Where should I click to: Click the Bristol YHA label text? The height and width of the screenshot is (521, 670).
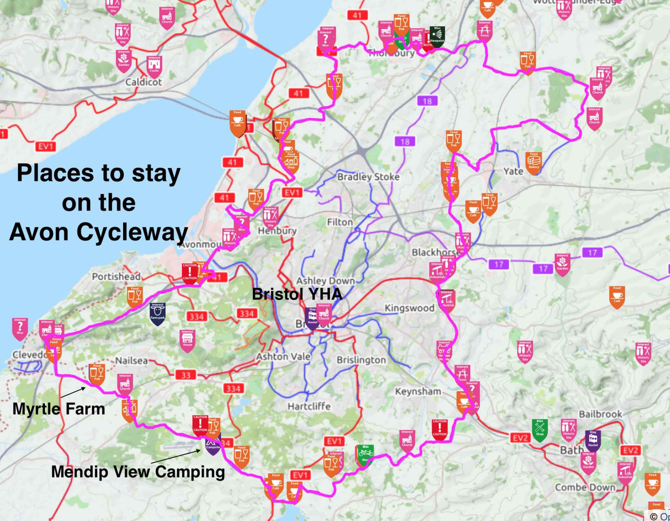coord(297,294)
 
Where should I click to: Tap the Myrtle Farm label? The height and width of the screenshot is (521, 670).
coord(58,409)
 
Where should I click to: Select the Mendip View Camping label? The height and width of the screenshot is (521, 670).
coord(138,472)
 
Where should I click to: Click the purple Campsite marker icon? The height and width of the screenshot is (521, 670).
coord(213,444)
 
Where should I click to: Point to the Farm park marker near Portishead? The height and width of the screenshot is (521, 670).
coord(157,313)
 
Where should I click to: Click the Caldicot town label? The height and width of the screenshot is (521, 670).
coord(144,82)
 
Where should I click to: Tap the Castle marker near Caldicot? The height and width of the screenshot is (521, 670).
coord(154,65)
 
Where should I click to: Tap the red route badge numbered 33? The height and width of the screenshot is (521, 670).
coord(186,375)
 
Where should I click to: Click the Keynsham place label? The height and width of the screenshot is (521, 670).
coord(418,392)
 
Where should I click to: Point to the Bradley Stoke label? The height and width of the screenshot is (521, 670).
coord(368,177)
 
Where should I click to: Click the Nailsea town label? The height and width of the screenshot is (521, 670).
coord(131,361)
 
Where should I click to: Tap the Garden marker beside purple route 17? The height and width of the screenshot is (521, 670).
coord(562,264)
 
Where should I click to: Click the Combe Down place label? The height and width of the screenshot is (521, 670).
coord(585,487)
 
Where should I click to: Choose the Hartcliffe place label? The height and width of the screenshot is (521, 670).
coord(309,406)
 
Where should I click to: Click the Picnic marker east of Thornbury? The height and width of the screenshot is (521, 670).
coord(484,31)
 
